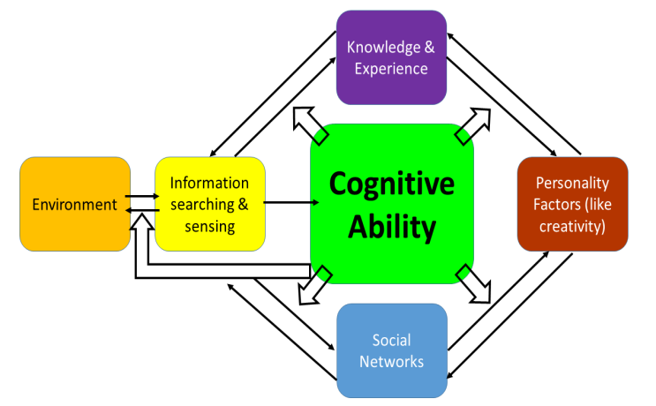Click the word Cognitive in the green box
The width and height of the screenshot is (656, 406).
[x=391, y=184]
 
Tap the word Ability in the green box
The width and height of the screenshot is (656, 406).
[x=391, y=227]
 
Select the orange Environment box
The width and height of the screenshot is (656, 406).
[x=75, y=205]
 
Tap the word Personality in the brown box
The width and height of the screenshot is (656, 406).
[x=572, y=184]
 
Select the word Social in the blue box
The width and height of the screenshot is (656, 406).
[x=391, y=340]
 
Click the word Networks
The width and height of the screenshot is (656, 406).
[x=391, y=361]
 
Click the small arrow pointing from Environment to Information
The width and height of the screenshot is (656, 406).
[x=141, y=198]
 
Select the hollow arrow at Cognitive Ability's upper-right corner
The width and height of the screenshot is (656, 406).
[x=474, y=123]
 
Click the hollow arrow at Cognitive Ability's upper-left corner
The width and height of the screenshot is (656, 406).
[x=309, y=123]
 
